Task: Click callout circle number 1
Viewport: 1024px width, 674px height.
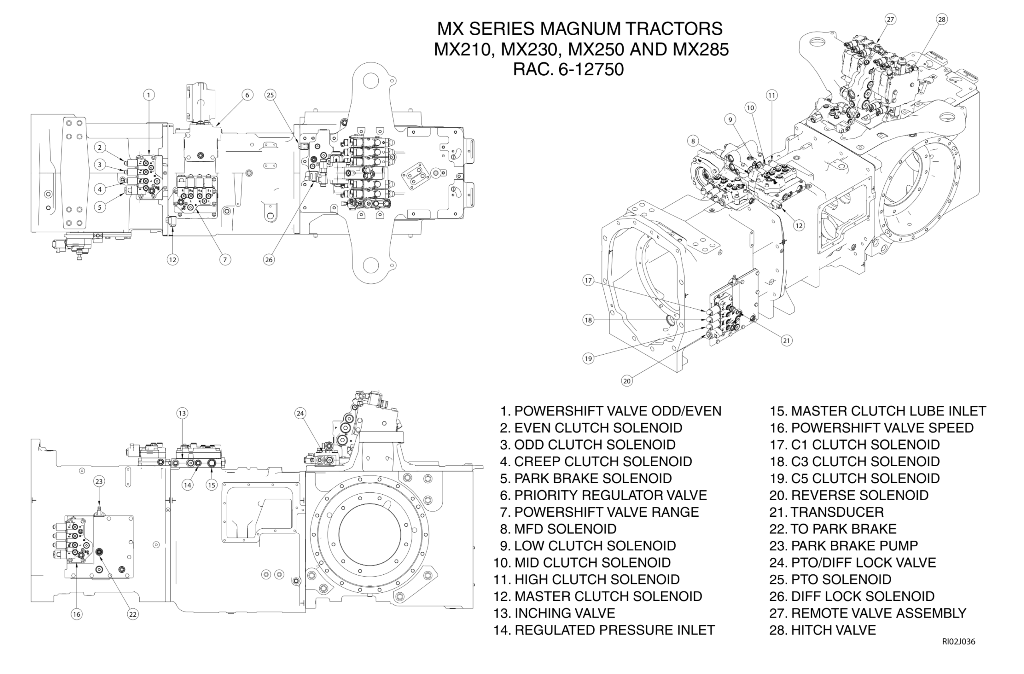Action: tap(148, 95)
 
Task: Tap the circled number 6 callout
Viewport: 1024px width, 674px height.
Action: tap(247, 95)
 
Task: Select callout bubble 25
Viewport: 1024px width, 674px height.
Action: tap(270, 95)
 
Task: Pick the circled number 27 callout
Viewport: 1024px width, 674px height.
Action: tap(890, 19)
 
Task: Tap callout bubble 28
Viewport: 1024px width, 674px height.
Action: tap(942, 19)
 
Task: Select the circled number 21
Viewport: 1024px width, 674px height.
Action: tap(786, 341)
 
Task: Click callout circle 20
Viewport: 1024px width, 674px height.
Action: tap(627, 381)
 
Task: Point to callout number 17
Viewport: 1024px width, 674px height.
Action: tap(588, 281)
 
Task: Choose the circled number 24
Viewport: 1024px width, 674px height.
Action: tap(300, 413)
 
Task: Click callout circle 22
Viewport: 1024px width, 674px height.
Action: tap(132, 614)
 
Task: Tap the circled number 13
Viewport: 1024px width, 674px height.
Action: tap(182, 413)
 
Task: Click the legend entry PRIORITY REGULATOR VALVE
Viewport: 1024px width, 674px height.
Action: tap(603, 495)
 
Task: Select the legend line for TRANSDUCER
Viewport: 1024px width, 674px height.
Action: tap(826, 512)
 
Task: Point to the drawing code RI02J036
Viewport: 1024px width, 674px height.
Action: tap(959, 654)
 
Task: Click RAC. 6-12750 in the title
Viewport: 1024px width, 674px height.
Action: tap(568, 69)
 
